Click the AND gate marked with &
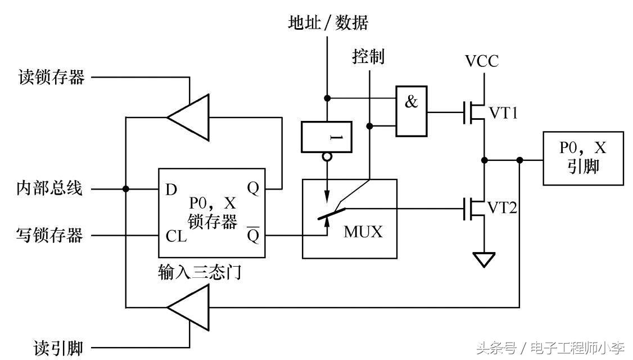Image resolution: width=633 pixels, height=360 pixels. [x=411, y=111]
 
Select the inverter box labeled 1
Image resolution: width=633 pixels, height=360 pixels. [x=327, y=137]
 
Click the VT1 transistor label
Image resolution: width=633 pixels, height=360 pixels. [x=501, y=112]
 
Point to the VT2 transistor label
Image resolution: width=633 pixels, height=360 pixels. [x=501, y=208]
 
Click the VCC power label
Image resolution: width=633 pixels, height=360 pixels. [x=482, y=61]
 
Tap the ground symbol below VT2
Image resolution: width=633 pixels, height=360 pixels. [x=484, y=259]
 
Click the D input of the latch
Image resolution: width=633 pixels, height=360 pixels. [x=171, y=189]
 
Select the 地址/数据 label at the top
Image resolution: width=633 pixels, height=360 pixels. [x=328, y=23]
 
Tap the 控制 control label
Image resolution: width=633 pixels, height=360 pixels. [x=368, y=56]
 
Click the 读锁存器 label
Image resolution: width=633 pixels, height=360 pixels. [x=52, y=77]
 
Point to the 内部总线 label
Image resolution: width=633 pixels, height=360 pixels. [x=49, y=188]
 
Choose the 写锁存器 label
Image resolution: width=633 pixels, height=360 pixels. [x=49, y=235]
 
